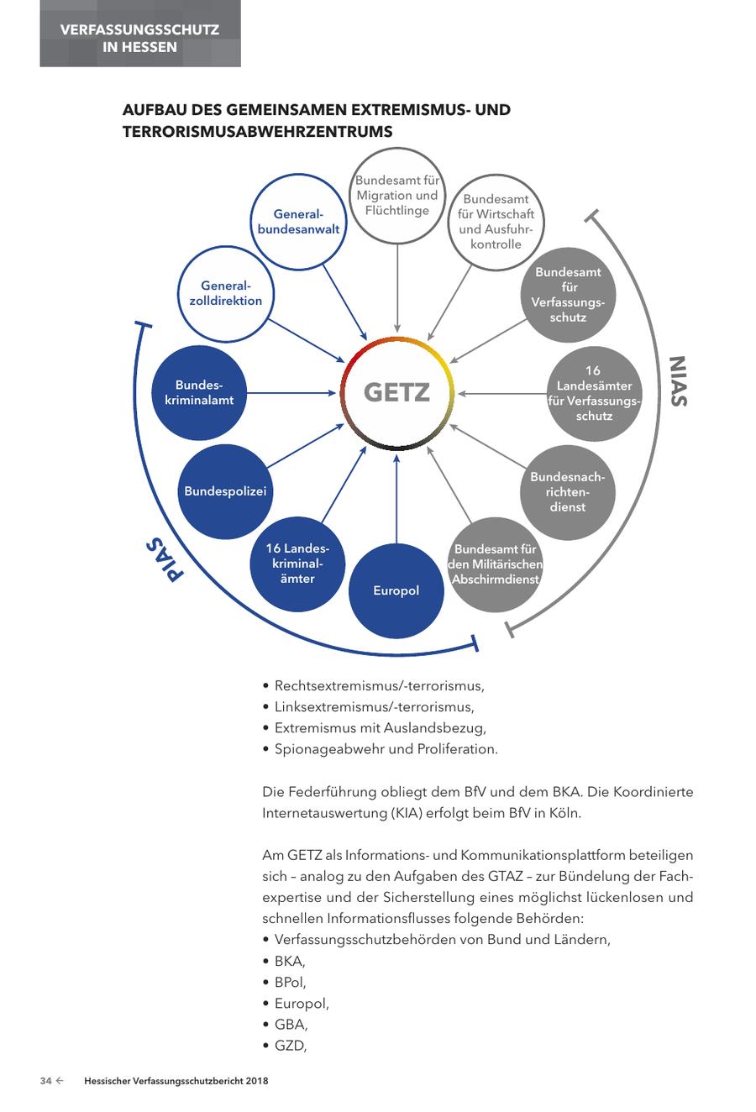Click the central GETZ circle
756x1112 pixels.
tap(396, 392)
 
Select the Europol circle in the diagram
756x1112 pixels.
tap(396, 590)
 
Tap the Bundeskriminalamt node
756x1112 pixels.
tap(199, 392)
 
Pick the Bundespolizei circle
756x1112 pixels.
tap(225, 491)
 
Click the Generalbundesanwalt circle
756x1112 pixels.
tap(298, 222)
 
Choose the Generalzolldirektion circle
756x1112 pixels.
tap(225, 293)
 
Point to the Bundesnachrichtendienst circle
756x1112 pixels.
tap(567, 491)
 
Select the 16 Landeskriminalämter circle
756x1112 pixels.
tap(297, 564)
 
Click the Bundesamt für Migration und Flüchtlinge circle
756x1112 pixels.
tap(397, 196)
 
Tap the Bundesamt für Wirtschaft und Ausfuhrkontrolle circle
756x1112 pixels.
tap(496, 222)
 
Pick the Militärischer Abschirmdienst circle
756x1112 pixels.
tap(496, 564)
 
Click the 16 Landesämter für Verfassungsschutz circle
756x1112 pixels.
tap(594, 392)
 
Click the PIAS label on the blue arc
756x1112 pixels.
tap(165, 559)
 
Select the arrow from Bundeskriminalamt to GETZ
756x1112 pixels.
tap(290, 392)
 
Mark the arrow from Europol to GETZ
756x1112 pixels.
tap(396, 496)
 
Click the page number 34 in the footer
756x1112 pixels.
tap(46, 1081)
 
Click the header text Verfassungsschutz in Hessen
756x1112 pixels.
tap(139, 38)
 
